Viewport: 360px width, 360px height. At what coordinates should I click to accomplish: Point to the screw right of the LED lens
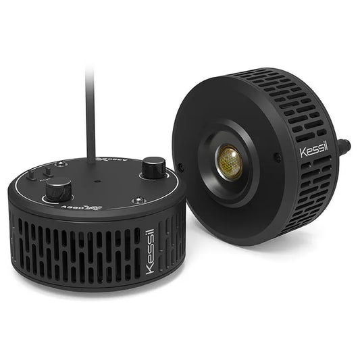277,157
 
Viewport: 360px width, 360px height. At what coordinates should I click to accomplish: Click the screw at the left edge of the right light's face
180,167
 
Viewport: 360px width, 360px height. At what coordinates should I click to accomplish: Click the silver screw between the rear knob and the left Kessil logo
139,201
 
